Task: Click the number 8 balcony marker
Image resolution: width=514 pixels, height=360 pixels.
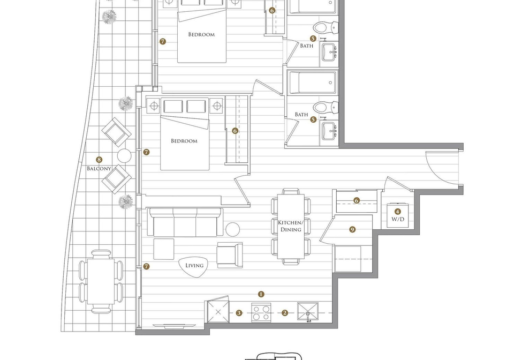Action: point(99,160)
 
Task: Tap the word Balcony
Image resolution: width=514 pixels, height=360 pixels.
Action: point(99,169)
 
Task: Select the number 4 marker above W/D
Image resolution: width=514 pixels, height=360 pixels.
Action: point(398,212)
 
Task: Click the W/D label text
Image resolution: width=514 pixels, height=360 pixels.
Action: point(398,219)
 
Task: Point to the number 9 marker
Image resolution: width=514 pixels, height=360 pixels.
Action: point(352,229)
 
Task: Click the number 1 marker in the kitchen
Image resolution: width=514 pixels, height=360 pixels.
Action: point(261,294)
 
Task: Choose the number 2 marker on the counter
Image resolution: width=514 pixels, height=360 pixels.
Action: point(285,313)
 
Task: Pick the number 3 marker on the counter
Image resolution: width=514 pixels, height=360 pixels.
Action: point(239,313)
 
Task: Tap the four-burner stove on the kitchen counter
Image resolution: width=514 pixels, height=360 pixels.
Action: point(261,312)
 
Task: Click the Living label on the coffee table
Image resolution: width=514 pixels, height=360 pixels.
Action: point(194,266)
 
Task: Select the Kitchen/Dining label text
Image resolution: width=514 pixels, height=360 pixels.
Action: point(290,226)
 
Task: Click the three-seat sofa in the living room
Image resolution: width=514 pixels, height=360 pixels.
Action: point(185,222)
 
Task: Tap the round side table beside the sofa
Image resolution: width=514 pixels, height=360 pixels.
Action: point(233,229)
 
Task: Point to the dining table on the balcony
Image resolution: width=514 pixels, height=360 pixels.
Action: point(101,281)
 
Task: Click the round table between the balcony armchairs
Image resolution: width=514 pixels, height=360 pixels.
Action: point(124,156)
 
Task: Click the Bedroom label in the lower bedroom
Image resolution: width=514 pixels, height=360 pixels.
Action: point(184,141)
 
